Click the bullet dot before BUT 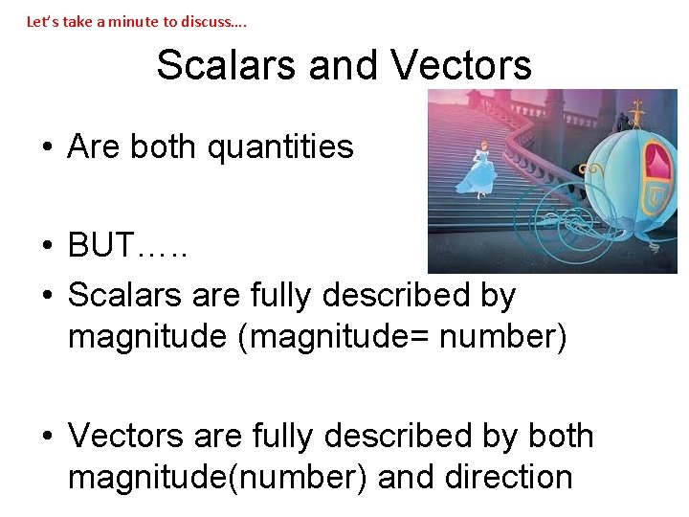coord(46,247)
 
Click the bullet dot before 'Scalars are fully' coord(46,296)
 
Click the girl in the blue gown coord(476,170)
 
